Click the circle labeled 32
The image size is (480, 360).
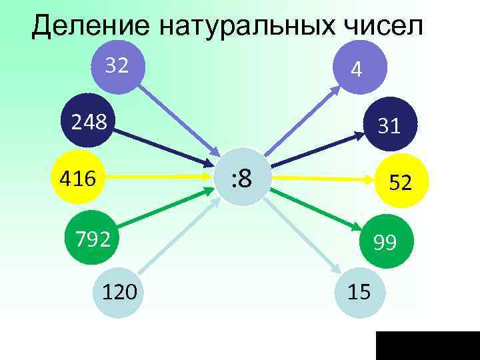(117, 67)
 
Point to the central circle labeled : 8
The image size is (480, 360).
(241, 179)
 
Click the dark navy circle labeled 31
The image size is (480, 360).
(391, 123)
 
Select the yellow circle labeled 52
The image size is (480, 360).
(399, 181)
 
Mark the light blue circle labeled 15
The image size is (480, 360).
(360, 291)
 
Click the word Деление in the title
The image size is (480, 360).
(89, 26)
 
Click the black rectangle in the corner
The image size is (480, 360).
(427, 345)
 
